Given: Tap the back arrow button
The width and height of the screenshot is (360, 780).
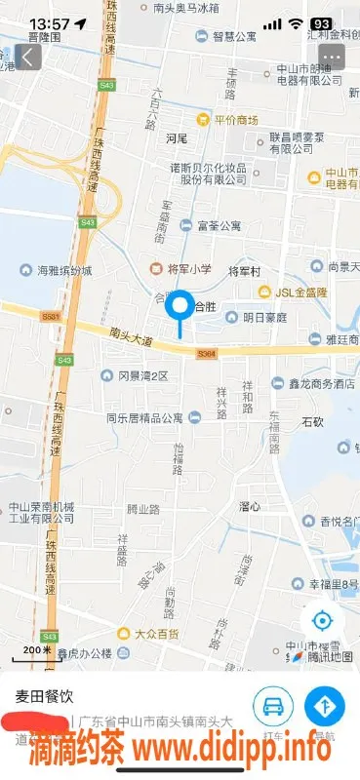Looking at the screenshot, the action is point(25,57).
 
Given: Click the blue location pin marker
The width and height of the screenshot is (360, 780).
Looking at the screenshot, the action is point(180,308).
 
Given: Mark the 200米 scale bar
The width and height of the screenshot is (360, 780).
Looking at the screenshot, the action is point(37,651).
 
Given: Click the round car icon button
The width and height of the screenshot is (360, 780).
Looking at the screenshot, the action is point(274,704).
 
